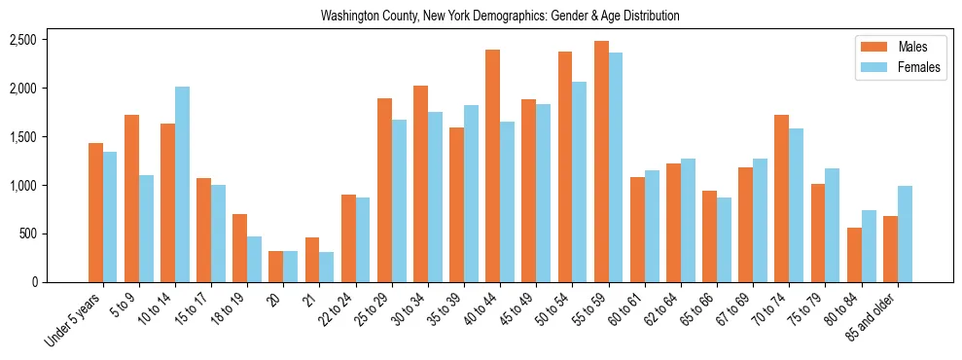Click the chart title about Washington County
500,16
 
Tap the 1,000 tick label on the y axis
22,185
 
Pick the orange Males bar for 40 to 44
493,165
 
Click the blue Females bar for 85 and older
905,234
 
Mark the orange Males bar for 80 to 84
854,255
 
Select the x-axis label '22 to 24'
349,310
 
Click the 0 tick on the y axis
33,282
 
